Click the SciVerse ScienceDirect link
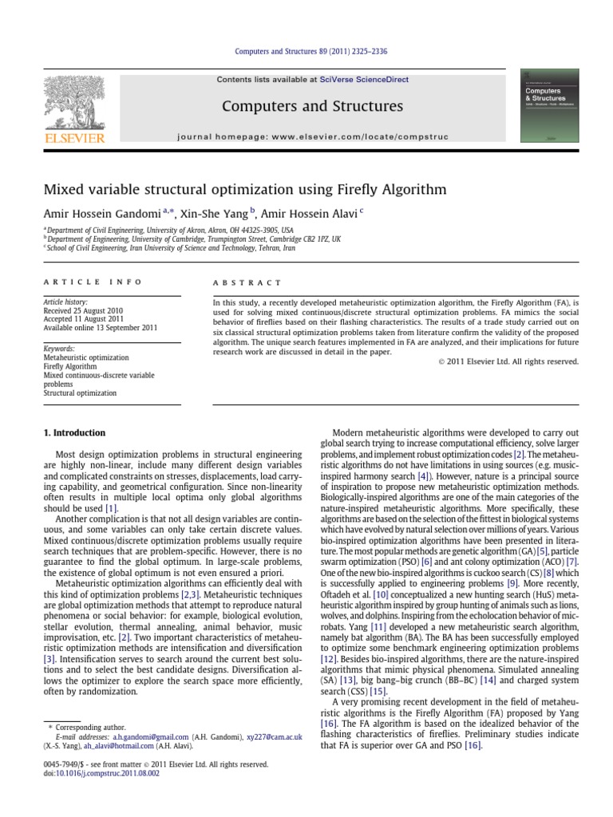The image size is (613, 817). click(x=363, y=80)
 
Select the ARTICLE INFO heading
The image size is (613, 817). click(x=93, y=282)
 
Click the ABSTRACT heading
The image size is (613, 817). click(x=247, y=282)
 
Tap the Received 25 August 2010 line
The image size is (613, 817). click(x=85, y=310)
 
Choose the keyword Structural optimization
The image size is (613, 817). click(x=80, y=393)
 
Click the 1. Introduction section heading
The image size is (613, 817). click(x=74, y=433)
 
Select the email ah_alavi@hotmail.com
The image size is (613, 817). click(x=120, y=747)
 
